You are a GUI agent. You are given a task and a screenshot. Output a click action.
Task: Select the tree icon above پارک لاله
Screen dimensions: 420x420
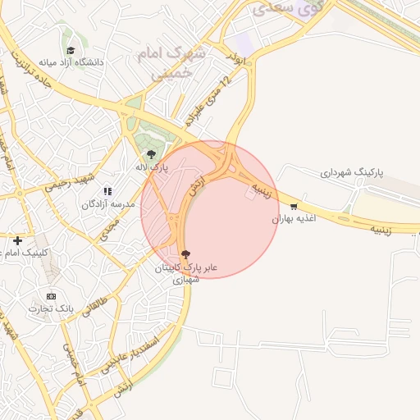pyautogui.click(x=150, y=153)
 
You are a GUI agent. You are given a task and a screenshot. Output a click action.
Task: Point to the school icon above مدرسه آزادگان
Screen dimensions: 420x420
pyautogui.click(x=107, y=191)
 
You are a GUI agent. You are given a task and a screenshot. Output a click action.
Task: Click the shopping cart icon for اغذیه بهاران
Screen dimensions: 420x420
pyautogui.click(x=294, y=207)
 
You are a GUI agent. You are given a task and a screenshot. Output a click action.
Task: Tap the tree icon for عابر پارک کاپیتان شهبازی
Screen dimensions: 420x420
pyautogui.click(x=185, y=254)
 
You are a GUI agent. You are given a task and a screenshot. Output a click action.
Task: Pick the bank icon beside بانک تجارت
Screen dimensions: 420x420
pyautogui.click(x=52, y=295)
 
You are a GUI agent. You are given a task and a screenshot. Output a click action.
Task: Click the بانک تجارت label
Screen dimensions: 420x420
pyautogui.click(x=52, y=308)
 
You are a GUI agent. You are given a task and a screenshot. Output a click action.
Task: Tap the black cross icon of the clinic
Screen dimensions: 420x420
pyautogui.click(x=17, y=240)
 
